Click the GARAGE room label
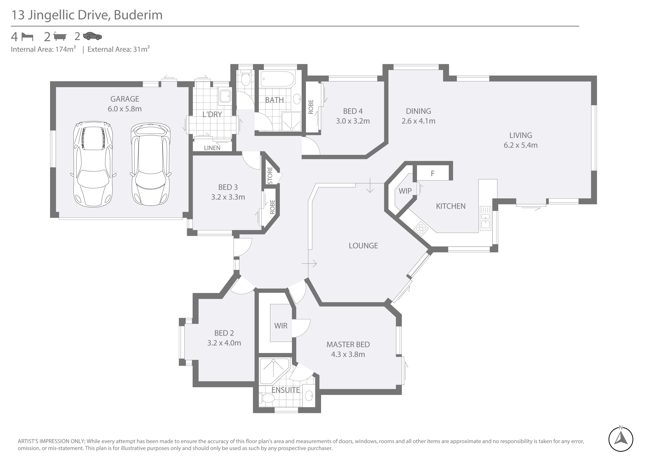pos(125,99)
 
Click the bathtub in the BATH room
pos(277,79)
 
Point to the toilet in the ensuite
pos(268,398)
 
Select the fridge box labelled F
pos(433,173)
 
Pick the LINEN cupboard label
pos(212,148)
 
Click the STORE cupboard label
pos(270,175)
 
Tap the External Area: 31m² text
pos(118,49)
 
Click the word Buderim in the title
pos(138,15)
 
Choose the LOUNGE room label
pos(363,246)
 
